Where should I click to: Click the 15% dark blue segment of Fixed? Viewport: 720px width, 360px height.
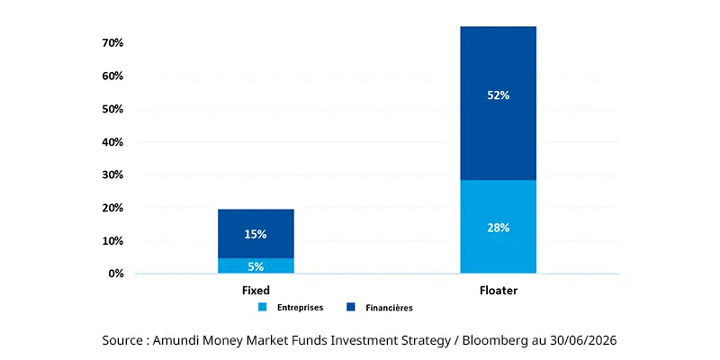pyautogui.click(x=256, y=234)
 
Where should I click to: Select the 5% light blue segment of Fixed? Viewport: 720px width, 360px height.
pyautogui.click(x=256, y=265)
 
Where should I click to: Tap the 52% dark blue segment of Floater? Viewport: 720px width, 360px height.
pyautogui.click(x=499, y=103)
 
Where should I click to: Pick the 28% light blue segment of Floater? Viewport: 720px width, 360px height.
pyautogui.click(x=499, y=227)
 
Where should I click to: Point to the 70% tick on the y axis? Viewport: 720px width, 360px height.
pyautogui.click(x=112, y=43)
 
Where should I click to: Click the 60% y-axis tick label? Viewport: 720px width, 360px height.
pyautogui.click(x=112, y=76)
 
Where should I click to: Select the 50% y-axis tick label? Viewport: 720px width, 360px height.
pyautogui.click(x=112, y=109)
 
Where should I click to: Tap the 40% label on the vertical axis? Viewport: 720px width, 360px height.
pyautogui.click(x=112, y=142)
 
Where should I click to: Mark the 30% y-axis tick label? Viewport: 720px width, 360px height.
pyautogui.click(x=112, y=175)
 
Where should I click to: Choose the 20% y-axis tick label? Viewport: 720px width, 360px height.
pyautogui.click(x=112, y=208)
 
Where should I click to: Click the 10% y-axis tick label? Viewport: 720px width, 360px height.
pyautogui.click(x=112, y=240)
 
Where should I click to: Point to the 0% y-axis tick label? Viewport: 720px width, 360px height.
pyautogui.click(x=115, y=274)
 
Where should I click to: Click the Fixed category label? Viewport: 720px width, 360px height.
pyautogui.click(x=256, y=291)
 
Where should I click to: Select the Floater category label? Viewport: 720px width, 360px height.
pyautogui.click(x=499, y=291)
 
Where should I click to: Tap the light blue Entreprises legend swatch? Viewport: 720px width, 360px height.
pyautogui.click(x=262, y=307)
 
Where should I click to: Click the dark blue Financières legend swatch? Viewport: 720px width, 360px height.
pyautogui.click(x=351, y=307)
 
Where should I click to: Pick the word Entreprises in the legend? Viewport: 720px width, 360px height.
pyautogui.click(x=301, y=308)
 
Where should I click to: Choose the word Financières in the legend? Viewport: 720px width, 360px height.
pyautogui.click(x=390, y=308)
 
